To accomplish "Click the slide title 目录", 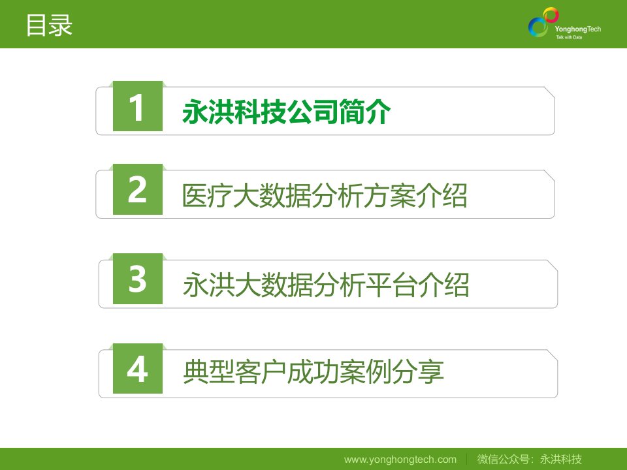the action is pos(49,25).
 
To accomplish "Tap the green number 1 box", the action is pos(138,106).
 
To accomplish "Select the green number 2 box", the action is pos(138,189).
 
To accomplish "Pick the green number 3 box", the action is pos(138,279).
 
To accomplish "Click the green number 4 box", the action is pos(138,368).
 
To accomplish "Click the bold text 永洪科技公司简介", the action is pos(286,112).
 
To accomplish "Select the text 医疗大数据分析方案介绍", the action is pos(325,196).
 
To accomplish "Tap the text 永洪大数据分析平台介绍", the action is pos(326,285).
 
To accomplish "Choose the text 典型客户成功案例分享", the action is pos(313,371).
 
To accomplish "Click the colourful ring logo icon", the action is pos(543,22).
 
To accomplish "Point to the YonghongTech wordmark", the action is pos(578,29).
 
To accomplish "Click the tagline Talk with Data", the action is pos(569,37).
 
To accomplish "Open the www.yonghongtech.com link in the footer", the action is pos(400,460).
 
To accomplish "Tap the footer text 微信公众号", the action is pos(503,459).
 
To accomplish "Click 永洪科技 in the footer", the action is pos(561,459).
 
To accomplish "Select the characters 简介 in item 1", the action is pos(364,112).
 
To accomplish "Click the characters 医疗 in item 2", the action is pos(208,196).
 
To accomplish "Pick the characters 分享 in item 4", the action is pos(418,371).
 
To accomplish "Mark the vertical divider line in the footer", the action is pos(467,459).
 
